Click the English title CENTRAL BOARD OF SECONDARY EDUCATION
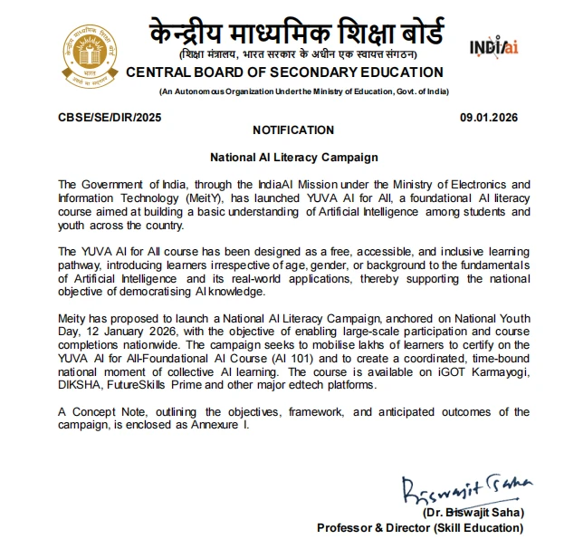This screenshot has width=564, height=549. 284,72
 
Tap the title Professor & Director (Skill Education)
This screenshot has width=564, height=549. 420,527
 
